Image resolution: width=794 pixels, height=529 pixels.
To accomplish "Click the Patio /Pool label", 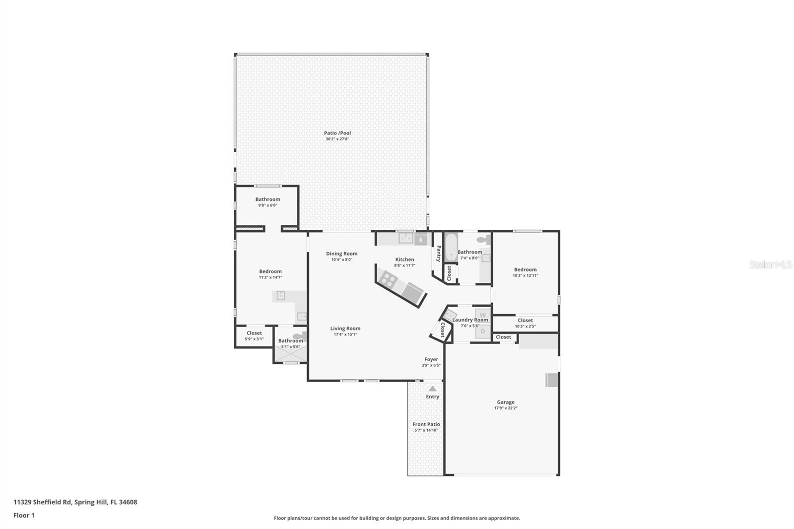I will click(x=337, y=133).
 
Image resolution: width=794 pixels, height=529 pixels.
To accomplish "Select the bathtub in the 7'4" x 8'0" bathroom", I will click(x=451, y=248).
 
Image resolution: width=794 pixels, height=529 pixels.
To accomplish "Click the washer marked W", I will click(x=482, y=315).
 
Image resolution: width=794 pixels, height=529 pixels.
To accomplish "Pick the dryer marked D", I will click(x=482, y=331).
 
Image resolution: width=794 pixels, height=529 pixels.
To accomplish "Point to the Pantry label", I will click(x=439, y=254).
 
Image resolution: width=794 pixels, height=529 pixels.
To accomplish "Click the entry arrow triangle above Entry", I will click(x=432, y=389).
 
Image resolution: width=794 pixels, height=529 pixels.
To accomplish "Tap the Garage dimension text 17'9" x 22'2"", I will click(x=506, y=408).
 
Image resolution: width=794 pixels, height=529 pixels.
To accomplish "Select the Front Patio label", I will click(x=426, y=424).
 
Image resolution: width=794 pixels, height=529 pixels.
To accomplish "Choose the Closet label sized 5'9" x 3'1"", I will click(x=254, y=333).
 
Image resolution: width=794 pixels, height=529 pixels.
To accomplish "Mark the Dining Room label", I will click(x=341, y=254).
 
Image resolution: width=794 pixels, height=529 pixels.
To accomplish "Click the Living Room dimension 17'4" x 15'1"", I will click(x=345, y=334).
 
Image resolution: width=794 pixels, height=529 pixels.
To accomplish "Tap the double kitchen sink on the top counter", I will click(x=406, y=238).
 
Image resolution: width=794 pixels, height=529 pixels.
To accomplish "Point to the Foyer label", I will click(x=431, y=359).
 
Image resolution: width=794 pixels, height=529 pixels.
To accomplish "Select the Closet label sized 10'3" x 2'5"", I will click(x=525, y=320).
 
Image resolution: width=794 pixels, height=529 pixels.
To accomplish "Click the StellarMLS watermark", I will click(x=771, y=265).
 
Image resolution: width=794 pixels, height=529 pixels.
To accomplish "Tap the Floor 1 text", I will click(x=24, y=515).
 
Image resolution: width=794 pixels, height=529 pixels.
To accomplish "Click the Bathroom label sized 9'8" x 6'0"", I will click(x=267, y=199).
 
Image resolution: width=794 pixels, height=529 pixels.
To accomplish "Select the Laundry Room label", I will click(x=470, y=320).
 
